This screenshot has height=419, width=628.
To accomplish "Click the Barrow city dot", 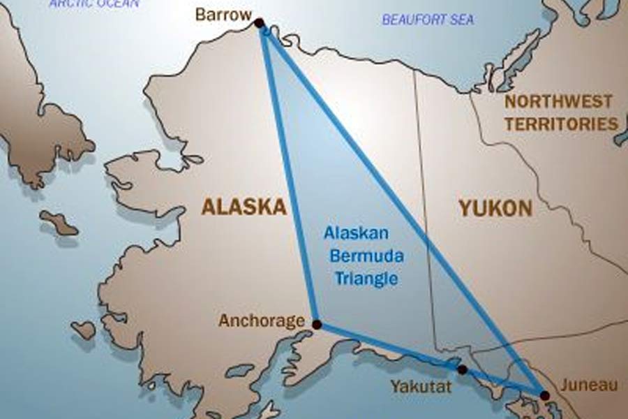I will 259,23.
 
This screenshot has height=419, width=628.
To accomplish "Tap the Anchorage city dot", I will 316,325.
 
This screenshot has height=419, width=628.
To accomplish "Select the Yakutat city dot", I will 461,369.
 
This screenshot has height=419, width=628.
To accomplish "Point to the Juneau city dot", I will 544,395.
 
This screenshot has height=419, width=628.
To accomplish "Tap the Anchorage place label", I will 262,321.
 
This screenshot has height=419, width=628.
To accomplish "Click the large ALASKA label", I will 244,207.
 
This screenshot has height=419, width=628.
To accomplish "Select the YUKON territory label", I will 495,207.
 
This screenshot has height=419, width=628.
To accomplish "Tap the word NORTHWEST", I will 558,102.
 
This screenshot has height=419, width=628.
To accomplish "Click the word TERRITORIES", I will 561,124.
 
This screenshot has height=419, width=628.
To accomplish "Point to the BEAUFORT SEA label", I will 428,20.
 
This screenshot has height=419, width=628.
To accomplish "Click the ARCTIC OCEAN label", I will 94,3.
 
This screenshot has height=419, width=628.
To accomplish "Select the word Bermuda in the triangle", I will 366,256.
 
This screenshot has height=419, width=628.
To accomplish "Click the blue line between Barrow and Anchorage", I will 287,175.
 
